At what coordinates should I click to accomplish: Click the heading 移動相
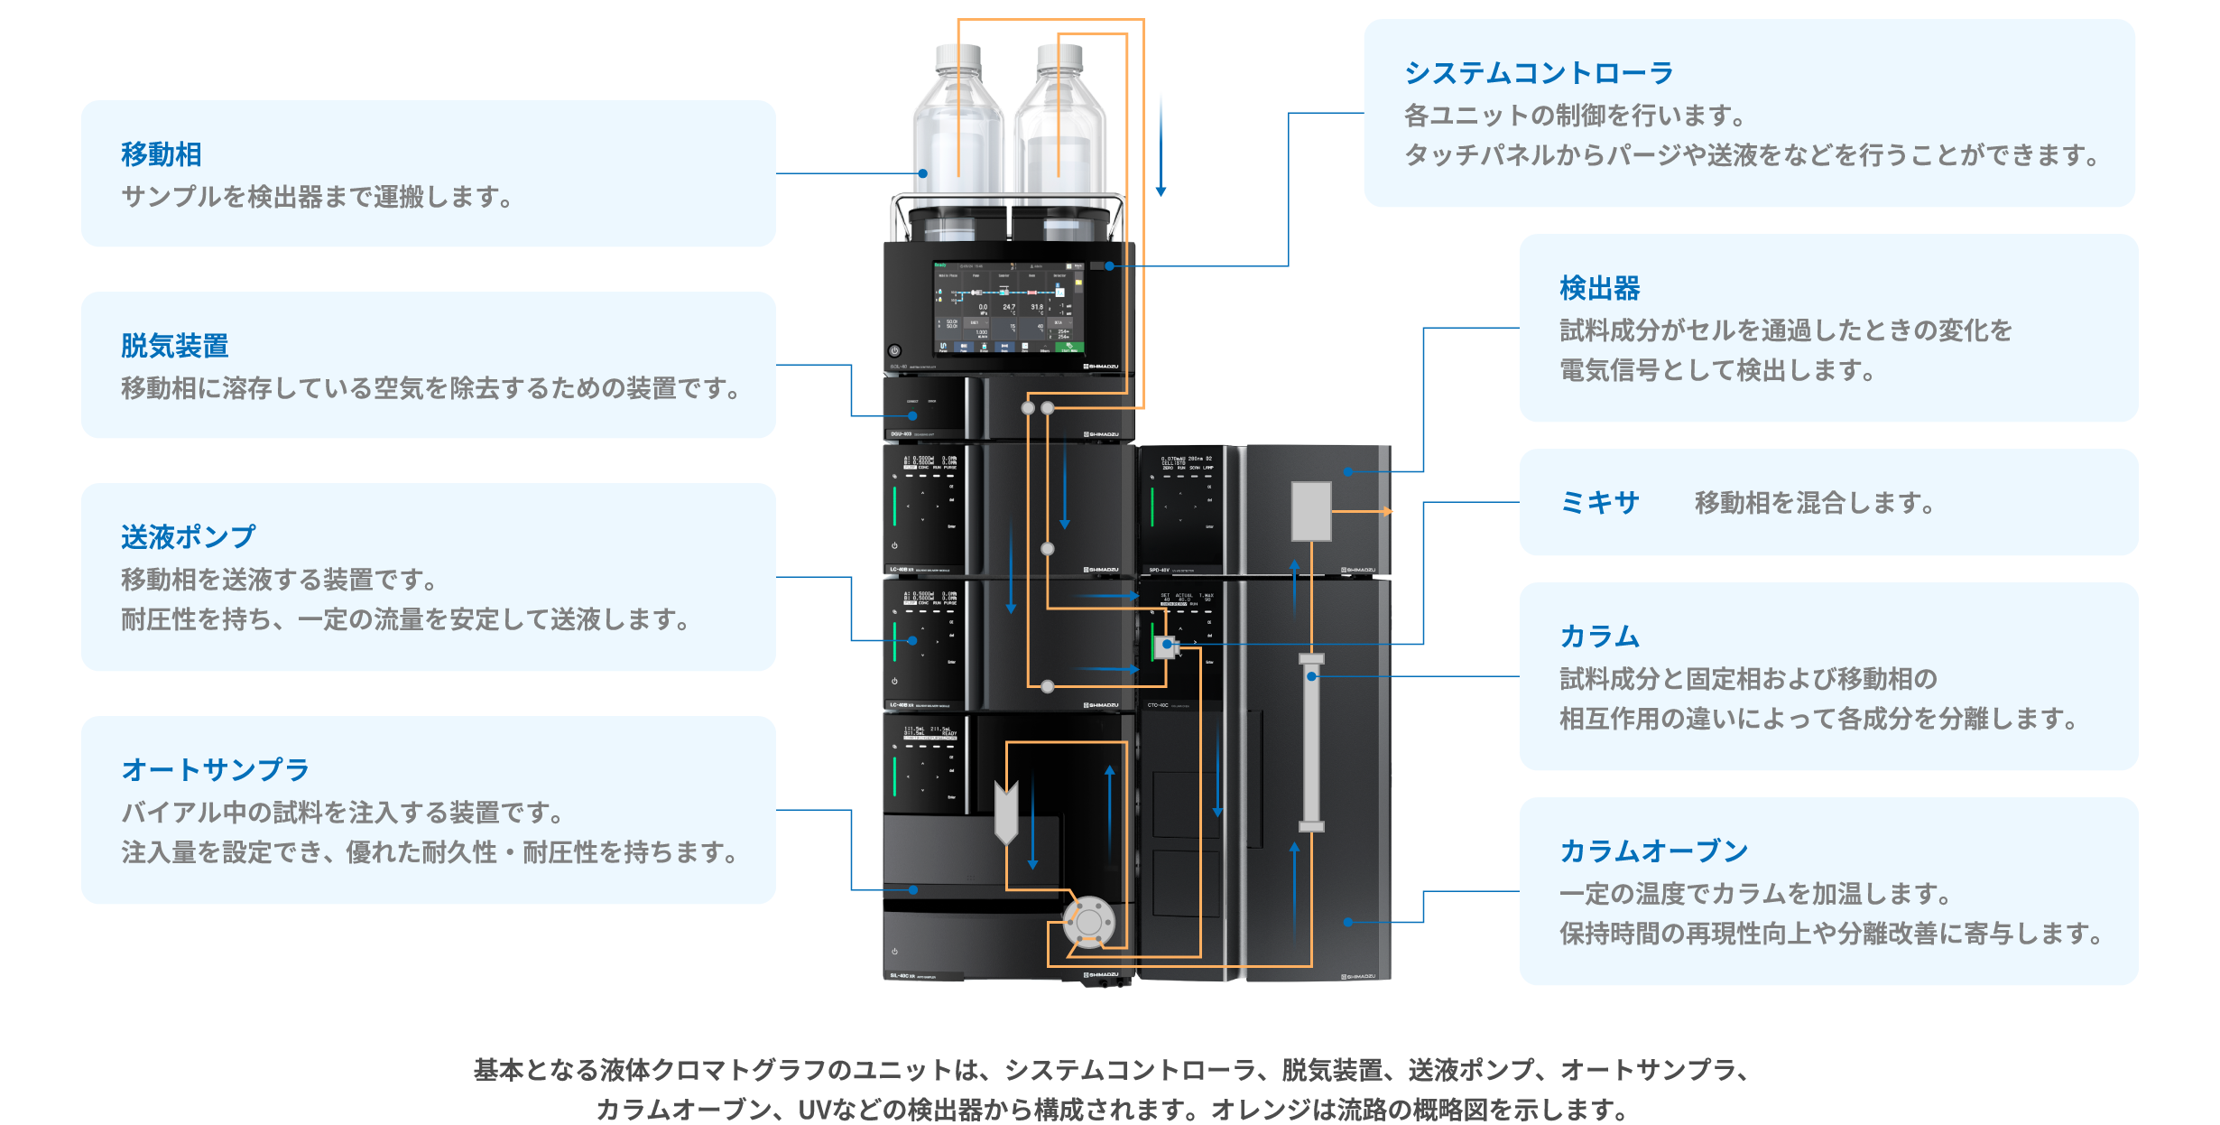click(162, 154)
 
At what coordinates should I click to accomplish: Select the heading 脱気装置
click(175, 346)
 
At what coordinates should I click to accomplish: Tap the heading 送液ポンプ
click(189, 537)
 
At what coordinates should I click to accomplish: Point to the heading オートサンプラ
click(216, 770)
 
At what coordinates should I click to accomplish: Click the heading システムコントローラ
click(1539, 73)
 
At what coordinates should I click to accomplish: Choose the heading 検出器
click(1600, 289)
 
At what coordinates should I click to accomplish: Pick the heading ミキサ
click(1600, 503)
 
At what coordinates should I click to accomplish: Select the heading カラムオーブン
click(1654, 851)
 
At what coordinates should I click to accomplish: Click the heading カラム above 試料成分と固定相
click(1600, 637)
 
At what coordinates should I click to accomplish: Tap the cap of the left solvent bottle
click(957, 56)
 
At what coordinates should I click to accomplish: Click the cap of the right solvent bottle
click(1059, 56)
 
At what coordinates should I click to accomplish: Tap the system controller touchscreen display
click(1008, 307)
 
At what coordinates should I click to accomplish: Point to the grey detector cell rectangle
click(1311, 511)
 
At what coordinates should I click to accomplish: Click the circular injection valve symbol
click(1089, 922)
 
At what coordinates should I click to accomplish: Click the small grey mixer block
click(1165, 646)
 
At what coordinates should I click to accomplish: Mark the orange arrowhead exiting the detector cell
click(1388, 511)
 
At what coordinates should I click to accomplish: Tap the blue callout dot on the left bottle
click(923, 173)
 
